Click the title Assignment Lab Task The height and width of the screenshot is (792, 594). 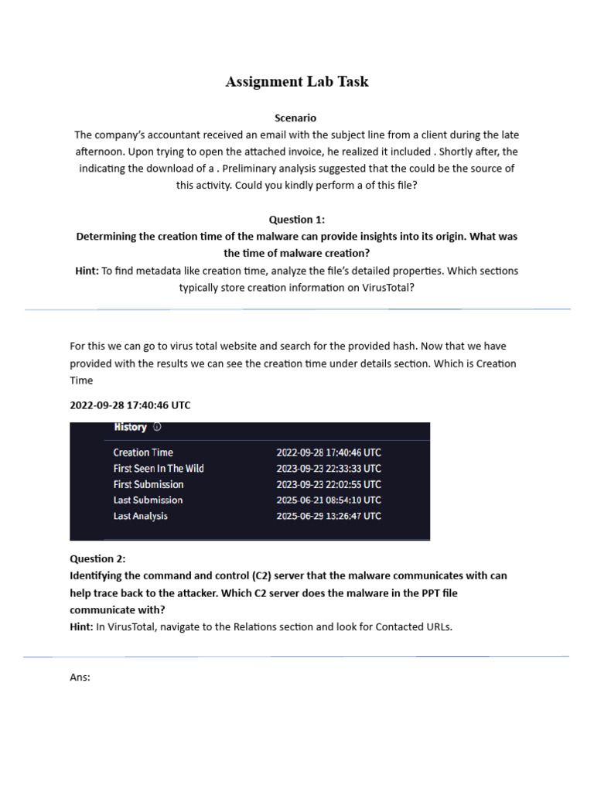(x=297, y=82)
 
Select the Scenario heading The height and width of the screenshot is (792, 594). (x=295, y=118)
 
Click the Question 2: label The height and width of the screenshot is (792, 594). (x=97, y=558)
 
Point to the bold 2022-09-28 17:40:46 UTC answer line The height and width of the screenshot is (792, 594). (x=130, y=405)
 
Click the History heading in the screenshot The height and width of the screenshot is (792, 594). (x=130, y=427)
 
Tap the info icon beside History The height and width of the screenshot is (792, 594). (x=157, y=427)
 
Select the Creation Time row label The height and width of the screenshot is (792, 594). (x=143, y=452)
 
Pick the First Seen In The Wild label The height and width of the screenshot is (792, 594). (x=159, y=469)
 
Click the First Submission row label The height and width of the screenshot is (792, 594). (x=148, y=484)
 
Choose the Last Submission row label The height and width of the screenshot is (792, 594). (x=148, y=500)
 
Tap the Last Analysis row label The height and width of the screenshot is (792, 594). (x=140, y=516)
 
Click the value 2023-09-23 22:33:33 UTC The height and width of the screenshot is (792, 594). (x=329, y=469)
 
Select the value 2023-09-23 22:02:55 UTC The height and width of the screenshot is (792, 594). (x=329, y=484)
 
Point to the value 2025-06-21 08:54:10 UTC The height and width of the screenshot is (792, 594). (x=329, y=500)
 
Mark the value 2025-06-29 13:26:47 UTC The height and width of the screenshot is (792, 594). (x=329, y=516)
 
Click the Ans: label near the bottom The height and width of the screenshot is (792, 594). (x=80, y=678)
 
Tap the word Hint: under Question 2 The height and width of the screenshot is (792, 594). (x=81, y=626)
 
